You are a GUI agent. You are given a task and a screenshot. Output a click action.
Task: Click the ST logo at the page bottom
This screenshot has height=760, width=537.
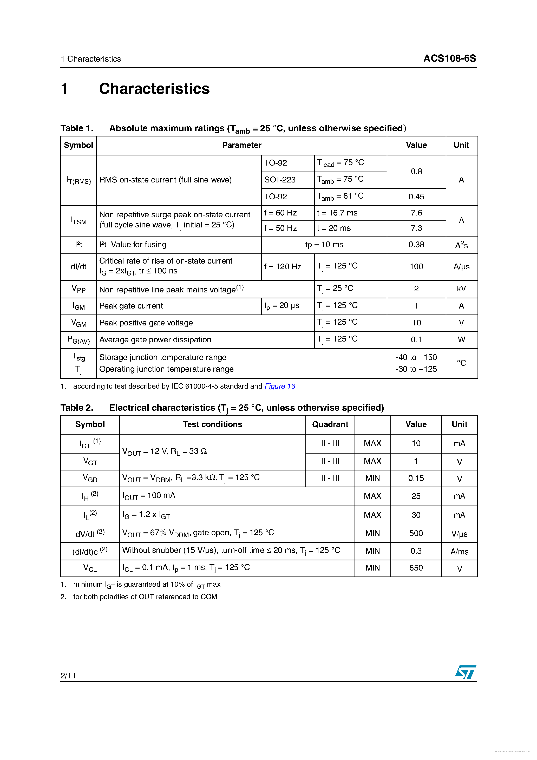coord(465,672)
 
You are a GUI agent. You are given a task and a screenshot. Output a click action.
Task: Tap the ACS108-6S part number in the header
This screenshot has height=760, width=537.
coord(449,58)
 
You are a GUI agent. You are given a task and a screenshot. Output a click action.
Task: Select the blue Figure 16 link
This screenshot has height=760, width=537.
coord(280,386)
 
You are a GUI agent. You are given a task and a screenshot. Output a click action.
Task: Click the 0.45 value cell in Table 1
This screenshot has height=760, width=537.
coord(416,197)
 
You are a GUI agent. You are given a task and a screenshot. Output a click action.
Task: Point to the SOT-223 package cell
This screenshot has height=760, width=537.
coord(280,180)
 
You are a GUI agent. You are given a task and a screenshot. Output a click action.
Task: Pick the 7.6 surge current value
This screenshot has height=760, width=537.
coord(416,213)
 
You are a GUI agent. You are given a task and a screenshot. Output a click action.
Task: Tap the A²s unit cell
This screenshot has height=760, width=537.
coord(461,245)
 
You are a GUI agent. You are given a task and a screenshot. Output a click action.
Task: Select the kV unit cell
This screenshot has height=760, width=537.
coord(461,289)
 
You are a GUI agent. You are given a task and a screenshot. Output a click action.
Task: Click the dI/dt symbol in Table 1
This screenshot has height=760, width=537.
coord(78,266)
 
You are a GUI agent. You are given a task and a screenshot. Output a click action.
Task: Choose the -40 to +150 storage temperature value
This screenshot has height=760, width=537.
coord(416,357)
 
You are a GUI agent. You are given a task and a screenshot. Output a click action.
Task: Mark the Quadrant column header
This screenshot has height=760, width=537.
coord(330,424)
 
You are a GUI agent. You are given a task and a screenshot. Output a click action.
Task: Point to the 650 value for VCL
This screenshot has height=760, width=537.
coord(416,568)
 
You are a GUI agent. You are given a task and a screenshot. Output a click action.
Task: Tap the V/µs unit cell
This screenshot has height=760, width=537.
coord(459,534)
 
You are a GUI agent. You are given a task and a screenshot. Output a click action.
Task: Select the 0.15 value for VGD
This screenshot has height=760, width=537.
coord(416,478)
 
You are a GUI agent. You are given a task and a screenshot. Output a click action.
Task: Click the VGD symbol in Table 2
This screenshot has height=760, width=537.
coord(90,478)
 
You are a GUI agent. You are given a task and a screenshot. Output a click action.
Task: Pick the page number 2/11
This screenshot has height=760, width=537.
coord(68,675)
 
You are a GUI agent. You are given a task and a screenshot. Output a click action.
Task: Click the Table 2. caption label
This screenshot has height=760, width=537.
coord(77,408)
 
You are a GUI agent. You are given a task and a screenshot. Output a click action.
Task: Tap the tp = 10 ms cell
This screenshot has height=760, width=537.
coord(324,245)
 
